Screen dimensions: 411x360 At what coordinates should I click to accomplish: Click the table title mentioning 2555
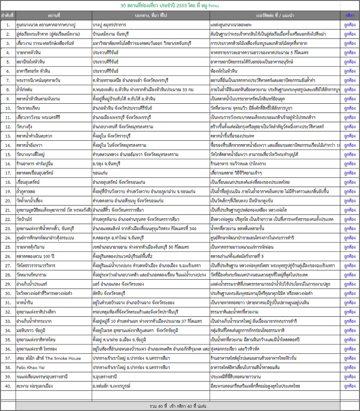[169, 5]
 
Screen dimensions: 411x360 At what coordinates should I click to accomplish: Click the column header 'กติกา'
[350, 15]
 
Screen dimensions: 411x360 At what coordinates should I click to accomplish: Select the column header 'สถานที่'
[54, 15]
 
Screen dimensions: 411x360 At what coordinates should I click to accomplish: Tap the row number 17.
[8, 173]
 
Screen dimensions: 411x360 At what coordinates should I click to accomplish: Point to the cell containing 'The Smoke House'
[49, 358]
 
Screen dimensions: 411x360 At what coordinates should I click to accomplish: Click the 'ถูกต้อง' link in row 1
[350, 25]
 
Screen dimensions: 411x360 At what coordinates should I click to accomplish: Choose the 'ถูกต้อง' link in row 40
[350, 386]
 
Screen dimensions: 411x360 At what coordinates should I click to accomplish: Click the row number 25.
[8, 247]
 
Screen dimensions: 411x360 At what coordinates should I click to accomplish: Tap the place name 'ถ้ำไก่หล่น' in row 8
[24, 90]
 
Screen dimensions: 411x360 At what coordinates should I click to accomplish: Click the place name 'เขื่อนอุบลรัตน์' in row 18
[28, 182]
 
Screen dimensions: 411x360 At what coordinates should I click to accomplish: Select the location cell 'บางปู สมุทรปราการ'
[109, 25]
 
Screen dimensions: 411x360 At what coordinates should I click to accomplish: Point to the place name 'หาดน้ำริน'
[25, 303]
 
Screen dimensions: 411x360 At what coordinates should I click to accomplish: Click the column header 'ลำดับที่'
[7, 15]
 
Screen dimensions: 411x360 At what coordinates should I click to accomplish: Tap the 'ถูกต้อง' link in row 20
[350, 201]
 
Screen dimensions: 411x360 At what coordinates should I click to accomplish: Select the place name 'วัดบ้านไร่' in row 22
[24, 219]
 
